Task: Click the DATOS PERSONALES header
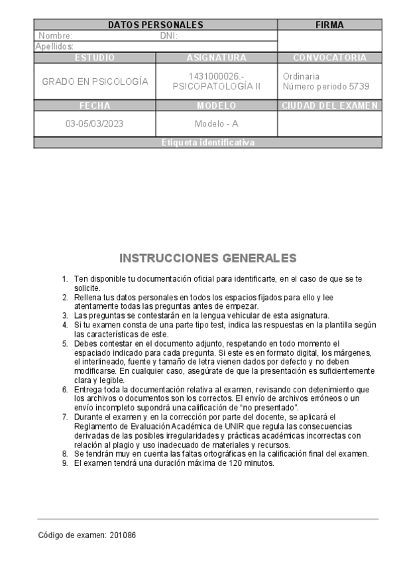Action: [x=155, y=25]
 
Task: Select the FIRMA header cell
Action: [x=329, y=25]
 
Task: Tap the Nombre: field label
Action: [x=56, y=36]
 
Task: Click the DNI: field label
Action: [x=168, y=36]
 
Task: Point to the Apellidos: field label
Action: [x=54, y=46]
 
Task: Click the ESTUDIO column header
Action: [x=95, y=58]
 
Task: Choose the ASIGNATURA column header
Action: [x=217, y=58]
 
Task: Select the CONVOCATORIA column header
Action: [x=329, y=58]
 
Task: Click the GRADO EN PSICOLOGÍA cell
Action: [x=95, y=82]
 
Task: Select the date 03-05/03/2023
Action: [x=95, y=124]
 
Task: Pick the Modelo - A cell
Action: [x=217, y=124]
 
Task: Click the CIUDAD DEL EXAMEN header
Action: [x=329, y=105]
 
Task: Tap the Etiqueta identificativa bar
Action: [x=207, y=142]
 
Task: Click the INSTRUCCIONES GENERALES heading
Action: [x=207, y=257]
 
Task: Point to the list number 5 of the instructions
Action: [x=65, y=343]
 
